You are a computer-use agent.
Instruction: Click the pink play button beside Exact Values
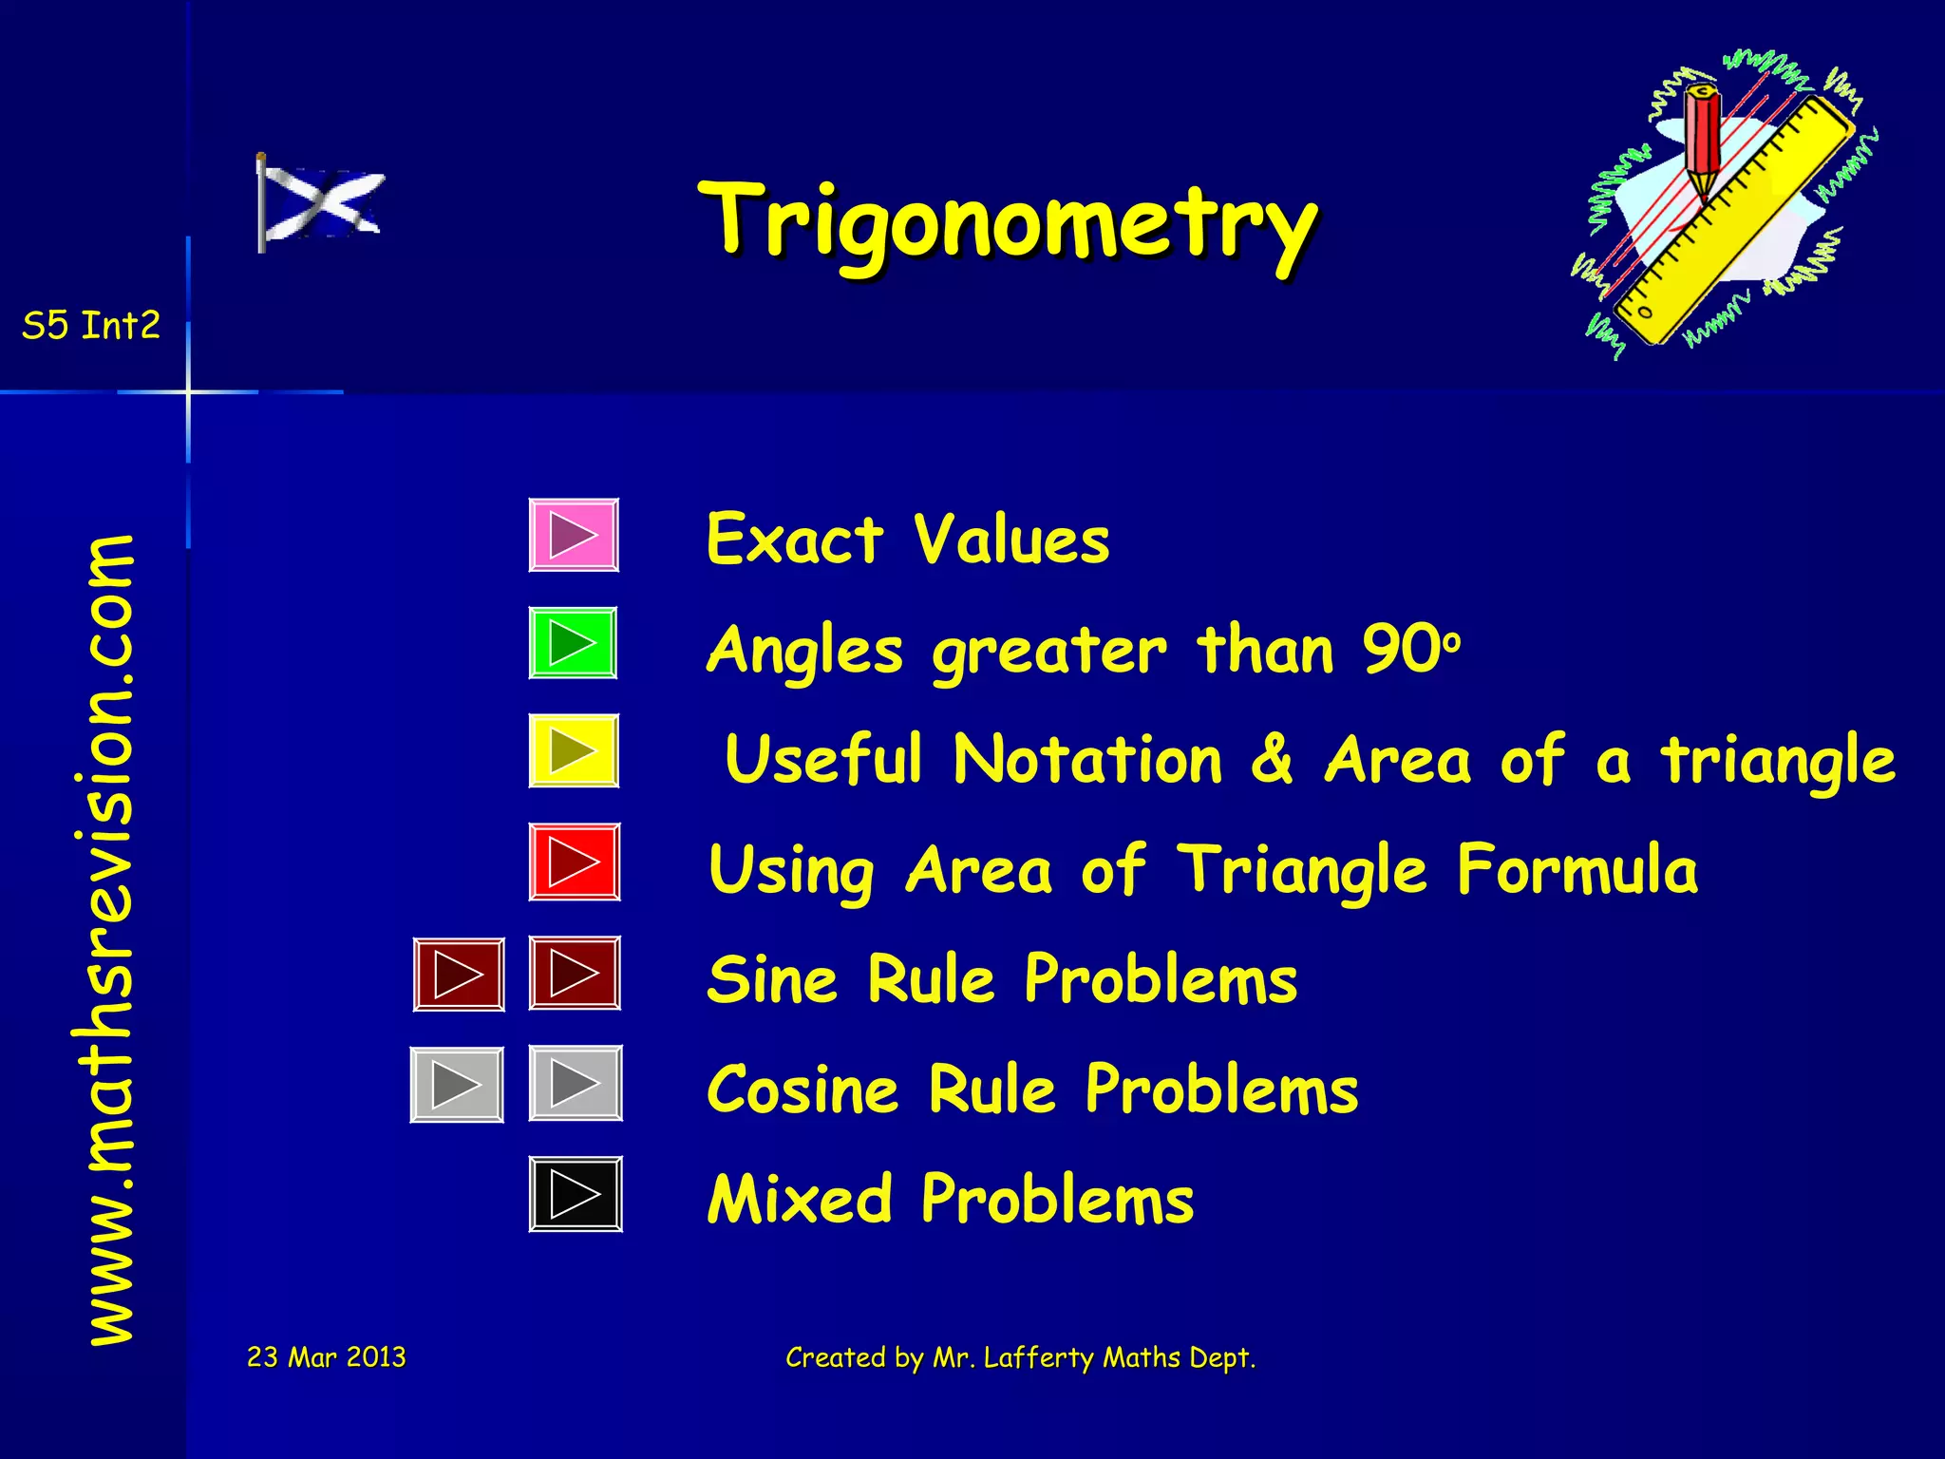(x=574, y=535)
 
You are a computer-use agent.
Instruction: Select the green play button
(x=573, y=643)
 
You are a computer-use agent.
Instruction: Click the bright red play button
(x=574, y=862)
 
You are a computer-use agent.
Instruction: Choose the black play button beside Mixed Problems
(x=575, y=1194)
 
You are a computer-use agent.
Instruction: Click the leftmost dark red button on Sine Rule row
(x=459, y=975)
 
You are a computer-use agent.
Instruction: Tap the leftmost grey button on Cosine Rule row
(x=457, y=1085)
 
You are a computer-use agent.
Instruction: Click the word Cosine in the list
(x=803, y=1090)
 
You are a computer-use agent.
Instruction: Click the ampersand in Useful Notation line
(x=1273, y=760)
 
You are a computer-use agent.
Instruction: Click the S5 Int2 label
(x=91, y=326)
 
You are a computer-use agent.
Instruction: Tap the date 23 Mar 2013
(x=326, y=1356)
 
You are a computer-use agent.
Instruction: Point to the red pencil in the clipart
(x=1702, y=138)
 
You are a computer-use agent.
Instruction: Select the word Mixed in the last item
(x=800, y=1200)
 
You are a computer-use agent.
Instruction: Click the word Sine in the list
(x=772, y=979)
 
